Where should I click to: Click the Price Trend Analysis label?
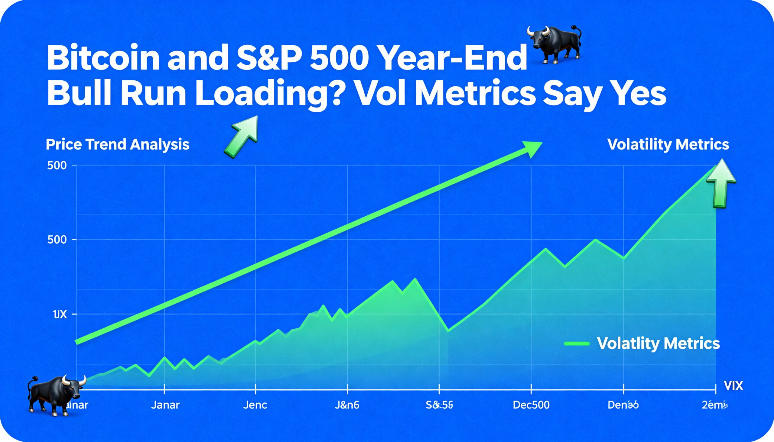[x=118, y=144]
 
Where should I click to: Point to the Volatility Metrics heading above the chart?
[x=668, y=144]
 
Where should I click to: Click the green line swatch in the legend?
[x=577, y=344]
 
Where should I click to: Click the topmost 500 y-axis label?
[x=57, y=166]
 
